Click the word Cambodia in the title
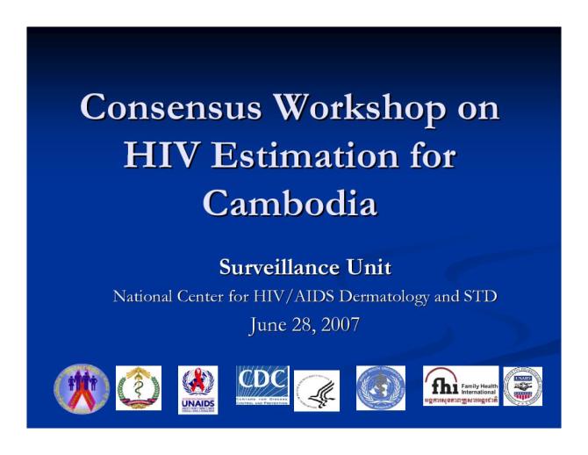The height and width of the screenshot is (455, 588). (290, 203)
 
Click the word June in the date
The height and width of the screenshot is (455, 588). (268, 326)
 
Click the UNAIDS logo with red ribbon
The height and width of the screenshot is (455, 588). (197, 387)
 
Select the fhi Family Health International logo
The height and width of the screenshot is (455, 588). (460, 386)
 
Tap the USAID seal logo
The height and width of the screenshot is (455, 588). (522, 386)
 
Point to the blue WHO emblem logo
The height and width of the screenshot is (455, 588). (380, 387)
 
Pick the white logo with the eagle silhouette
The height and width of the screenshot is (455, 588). (316, 390)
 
